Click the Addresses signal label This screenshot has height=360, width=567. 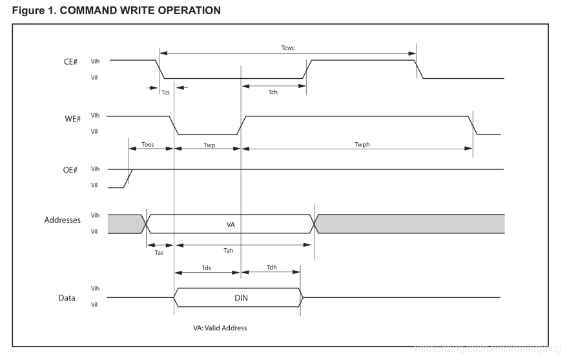click(62, 220)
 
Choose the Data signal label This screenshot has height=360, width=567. click(67, 298)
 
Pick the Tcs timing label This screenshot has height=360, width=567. click(165, 92)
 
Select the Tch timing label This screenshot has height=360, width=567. click(273, 92)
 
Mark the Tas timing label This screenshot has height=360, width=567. click(159, 253)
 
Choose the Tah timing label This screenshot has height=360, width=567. click(228, 250)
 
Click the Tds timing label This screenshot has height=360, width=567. click(206, 268)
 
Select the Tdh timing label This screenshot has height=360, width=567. click(271, 268)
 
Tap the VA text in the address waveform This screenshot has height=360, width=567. click(231, 224)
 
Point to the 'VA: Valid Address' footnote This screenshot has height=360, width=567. click(220, 328)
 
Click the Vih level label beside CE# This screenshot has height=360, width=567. click(95, 60)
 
